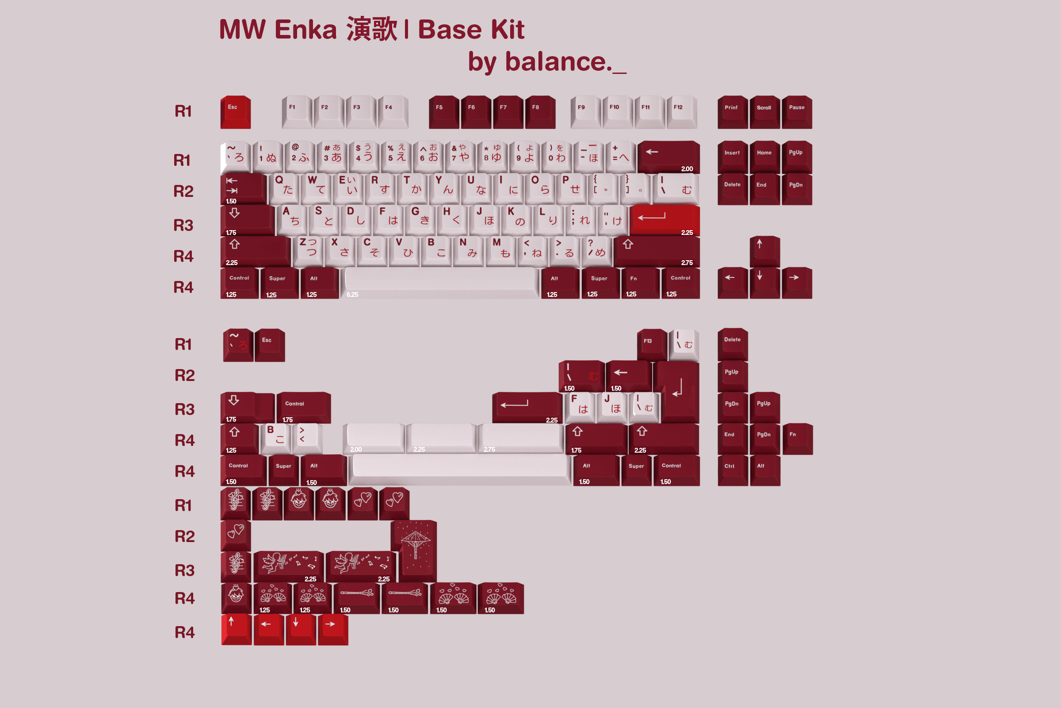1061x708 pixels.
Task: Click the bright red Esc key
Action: point(236,112)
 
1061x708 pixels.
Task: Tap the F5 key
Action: point(444,112)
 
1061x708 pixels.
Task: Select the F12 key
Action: point(682,112)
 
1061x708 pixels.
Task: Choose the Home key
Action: point(765,156)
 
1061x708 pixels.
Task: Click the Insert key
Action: point(733,156)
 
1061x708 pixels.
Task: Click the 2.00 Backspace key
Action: point(668,156)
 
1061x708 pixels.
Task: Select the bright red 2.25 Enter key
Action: point(664,220)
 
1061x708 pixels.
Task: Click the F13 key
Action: point(652,344)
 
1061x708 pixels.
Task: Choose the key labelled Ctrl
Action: point(733,469)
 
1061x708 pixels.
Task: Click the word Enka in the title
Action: point(305,30)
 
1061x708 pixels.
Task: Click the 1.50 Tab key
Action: point(244,189)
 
